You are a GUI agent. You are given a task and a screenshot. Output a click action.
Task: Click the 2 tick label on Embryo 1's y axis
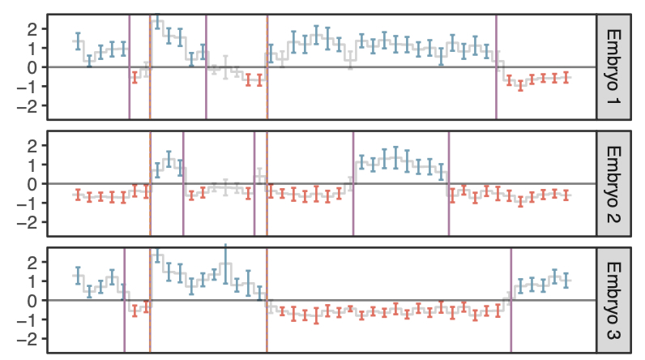33,29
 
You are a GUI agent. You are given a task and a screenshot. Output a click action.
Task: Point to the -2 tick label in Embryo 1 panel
30,105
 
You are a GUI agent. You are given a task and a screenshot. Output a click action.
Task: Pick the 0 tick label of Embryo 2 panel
33,184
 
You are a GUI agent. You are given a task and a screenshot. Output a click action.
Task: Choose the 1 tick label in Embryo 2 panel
33,165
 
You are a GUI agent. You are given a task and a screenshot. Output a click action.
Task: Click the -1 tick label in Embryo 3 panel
30,319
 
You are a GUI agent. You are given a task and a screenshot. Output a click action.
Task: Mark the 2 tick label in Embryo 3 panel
33,263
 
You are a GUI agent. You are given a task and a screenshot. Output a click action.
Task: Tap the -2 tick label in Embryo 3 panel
30,339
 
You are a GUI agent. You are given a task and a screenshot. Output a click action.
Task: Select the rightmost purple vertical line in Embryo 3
510,300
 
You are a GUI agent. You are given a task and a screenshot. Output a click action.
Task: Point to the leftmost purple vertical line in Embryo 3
124,300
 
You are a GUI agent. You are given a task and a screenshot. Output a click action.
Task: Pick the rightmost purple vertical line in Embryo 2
448,183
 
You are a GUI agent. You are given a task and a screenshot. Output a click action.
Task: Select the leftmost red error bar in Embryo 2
78,195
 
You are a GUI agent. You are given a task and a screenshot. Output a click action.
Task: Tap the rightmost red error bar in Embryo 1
566,78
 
